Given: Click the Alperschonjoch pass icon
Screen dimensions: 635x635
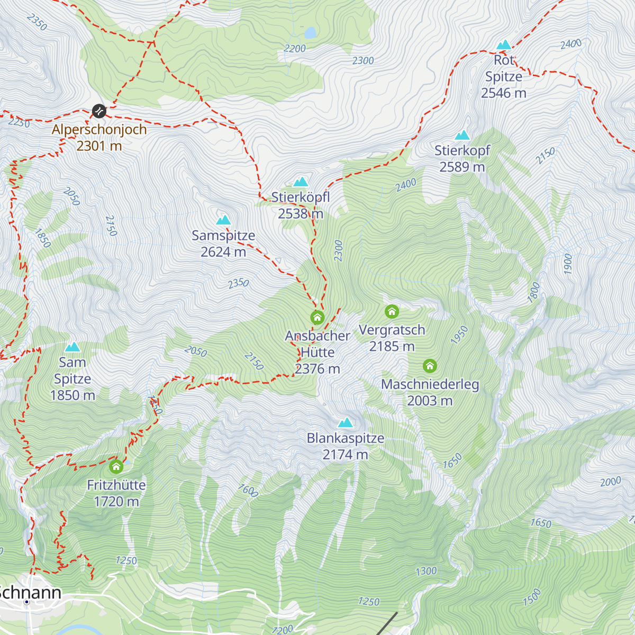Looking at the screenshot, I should (x=99, y=111).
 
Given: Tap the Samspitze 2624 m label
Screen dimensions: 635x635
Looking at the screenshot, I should (x=223, y=243).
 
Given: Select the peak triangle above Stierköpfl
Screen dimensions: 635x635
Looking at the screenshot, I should (x=301, y=182).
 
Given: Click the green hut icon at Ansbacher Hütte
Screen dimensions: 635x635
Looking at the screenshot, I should (x=317, y=317).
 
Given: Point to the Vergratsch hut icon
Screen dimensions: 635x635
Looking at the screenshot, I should (x=392, y=311).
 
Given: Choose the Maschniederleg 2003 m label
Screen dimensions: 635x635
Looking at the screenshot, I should (x=430, y=393).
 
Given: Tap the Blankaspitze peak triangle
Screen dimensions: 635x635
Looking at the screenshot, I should (x=346, y=422).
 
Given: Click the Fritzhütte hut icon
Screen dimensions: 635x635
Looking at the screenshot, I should (x=116, y=467).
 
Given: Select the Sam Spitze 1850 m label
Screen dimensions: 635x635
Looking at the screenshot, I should (x=72, y=379).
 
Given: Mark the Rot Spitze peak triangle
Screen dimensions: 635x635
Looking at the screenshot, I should (x=504, y=44).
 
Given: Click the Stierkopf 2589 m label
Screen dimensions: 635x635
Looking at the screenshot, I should (x=462, y=159).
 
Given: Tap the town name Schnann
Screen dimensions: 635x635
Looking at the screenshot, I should (x=30, y=593).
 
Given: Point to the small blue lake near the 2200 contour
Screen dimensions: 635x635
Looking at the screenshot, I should (x=310, y=33).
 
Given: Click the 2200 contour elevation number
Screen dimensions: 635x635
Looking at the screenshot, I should (x=295, y=49).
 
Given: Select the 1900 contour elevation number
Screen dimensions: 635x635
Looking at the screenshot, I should (x=568, y=264).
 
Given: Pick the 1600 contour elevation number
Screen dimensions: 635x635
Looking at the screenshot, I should (x=248, y=491).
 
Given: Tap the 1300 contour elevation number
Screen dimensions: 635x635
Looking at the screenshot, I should (x=426, y=571).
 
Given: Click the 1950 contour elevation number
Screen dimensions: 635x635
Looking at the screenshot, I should (x=459, y=335).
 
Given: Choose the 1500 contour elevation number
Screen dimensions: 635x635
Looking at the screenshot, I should (x=532, y=597).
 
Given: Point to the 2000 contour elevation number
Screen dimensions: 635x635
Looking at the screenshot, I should (x=610, y=482).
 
